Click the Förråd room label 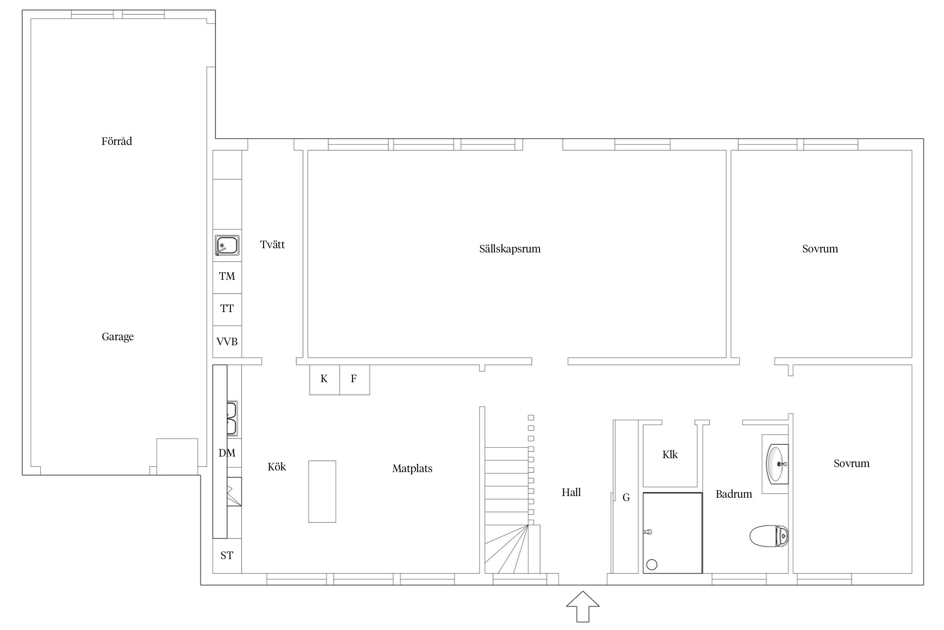point(117,141)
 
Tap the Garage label point(117,337)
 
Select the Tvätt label point(272,244)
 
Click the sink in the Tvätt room point(227,246)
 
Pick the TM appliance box point(227,277)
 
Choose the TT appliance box point(227,310)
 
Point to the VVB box point(227,342)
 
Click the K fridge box point(324,380)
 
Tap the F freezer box point(355,380)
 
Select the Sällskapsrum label point(510,249)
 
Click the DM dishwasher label point(227,453)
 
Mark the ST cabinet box point(227,556)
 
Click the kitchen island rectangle point(322,491)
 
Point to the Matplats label point(412,469)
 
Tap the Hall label point(571,492)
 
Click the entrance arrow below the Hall point(583,606)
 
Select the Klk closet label point(670,454)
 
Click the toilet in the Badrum point(769,536)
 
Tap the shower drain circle point(652,564)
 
